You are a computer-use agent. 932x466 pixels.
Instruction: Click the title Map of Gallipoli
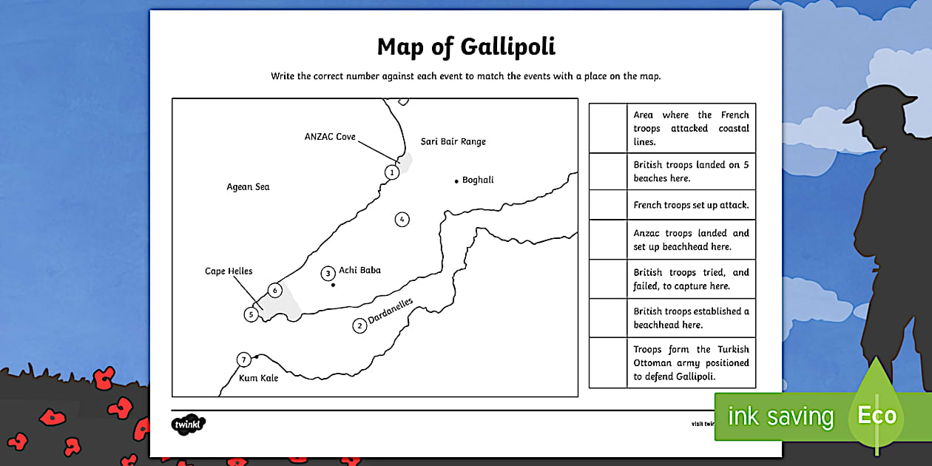pyautogui.click(x=466, y=47)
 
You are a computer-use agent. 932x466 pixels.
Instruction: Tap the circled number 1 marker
pyautogui.click(x=392, y=172)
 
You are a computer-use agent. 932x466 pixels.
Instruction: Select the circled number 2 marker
pyautogui.click(x=359, y=325)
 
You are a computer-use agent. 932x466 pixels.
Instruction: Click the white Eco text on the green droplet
pyautogui.click(x=877, y=416)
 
